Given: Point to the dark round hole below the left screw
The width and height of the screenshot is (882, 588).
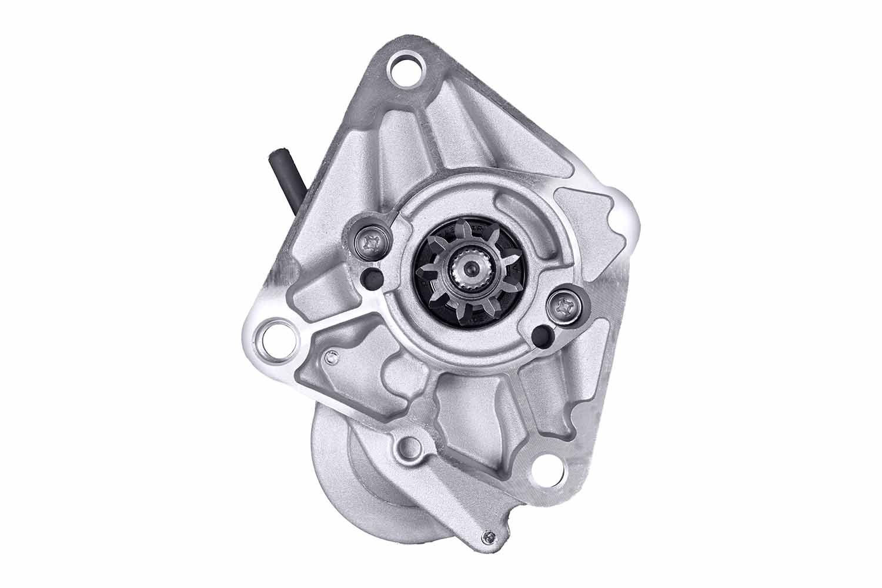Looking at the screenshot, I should tap(371, 277).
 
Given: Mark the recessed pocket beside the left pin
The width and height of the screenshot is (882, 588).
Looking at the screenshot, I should tap(353, 376).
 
